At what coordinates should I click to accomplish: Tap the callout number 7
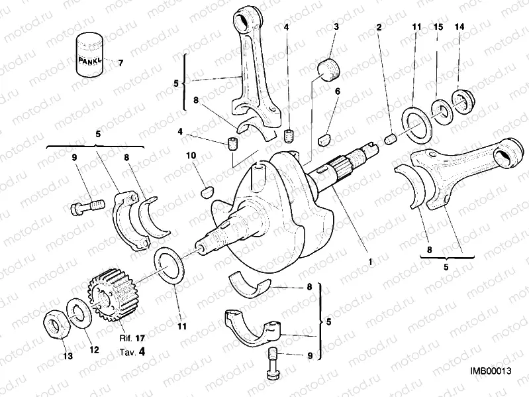point(120,64)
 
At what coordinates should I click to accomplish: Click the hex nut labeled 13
point(54,323)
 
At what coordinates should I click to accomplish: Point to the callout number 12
point(93,349)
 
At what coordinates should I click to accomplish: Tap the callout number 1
point(370,261)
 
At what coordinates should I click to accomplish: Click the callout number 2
point(378,27)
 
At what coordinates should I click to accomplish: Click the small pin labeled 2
point(391,139)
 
